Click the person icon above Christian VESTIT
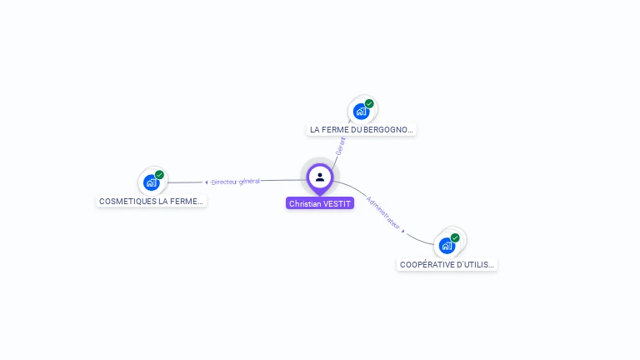point(320,177)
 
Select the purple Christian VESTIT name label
point(320,203)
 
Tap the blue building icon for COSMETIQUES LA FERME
point(151,182)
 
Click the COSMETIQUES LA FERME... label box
point(151,202)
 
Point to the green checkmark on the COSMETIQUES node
point(159,175)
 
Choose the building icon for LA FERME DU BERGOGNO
point(361,111)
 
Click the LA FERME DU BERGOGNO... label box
point(361,130)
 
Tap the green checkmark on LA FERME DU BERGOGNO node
point(369,104)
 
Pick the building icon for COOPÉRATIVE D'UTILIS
point(447,246)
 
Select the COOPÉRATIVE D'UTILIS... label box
point(447,265)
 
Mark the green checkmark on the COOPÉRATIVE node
point(455,237)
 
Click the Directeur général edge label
point(236,181)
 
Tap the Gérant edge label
point(340,146)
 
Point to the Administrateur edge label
point(383,212)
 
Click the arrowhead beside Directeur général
point(207,182)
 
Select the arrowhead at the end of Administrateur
point(403,231)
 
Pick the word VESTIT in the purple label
point(337,203)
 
